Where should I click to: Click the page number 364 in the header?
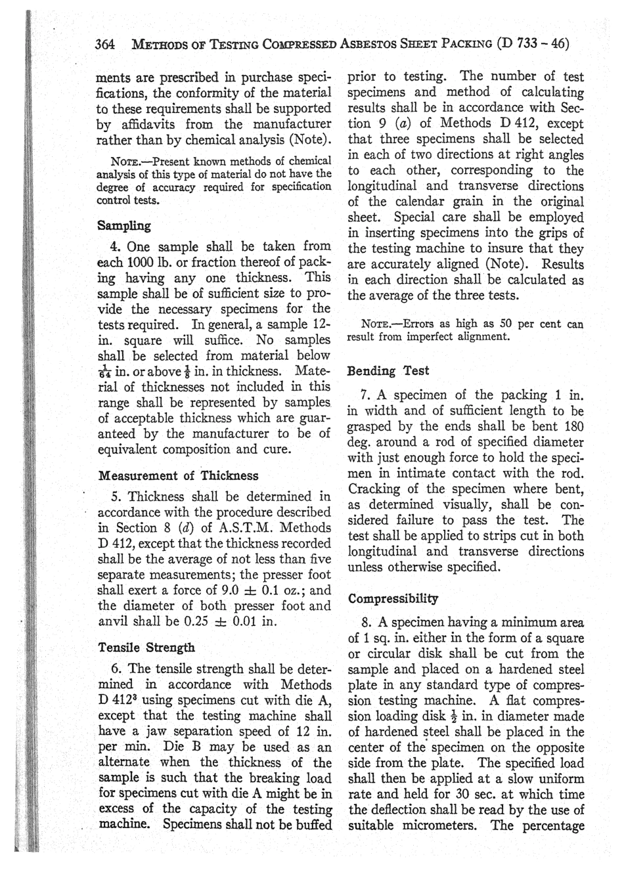coord(105,44)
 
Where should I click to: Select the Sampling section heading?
coord(124,226)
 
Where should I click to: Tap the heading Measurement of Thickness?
coord(178,475)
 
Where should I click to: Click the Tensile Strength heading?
coord(146,647)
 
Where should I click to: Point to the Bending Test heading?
coord(388,370)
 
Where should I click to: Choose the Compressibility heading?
coord(393,598)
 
